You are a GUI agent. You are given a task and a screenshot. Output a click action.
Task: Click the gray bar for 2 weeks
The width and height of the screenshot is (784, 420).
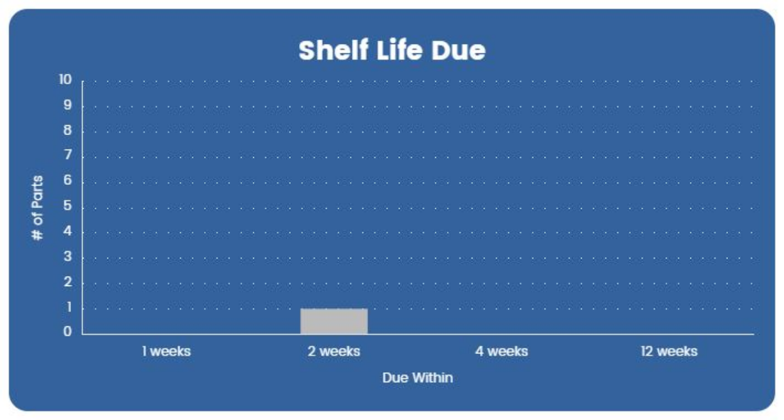coord(334,321)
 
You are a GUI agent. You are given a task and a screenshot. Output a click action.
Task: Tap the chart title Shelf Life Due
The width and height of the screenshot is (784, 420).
coord(391,51)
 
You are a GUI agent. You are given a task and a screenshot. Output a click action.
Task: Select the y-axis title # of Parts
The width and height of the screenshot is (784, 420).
coord(38,207)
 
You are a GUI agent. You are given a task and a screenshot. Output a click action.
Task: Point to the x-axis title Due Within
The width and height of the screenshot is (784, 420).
coord(417,378)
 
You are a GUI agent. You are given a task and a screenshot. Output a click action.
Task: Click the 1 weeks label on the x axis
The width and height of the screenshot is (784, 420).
coord(166,351)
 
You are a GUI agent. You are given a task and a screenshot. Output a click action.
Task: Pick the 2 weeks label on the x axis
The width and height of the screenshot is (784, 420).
coord(334,351)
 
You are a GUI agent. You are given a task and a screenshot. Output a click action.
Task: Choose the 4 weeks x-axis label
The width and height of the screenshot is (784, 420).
coord(501,351)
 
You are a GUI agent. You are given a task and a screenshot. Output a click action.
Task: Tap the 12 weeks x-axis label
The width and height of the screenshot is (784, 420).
coord(669,351)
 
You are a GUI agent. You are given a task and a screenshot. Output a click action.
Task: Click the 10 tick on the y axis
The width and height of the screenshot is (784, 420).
coord(65,80)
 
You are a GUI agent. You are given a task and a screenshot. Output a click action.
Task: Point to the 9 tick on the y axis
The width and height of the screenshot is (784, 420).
coord(68,106)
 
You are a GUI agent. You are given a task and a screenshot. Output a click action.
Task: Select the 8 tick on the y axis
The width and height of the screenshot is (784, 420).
coord(68,131)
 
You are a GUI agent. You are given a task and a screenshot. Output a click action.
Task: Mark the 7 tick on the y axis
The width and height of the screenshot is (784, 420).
coord(68,156)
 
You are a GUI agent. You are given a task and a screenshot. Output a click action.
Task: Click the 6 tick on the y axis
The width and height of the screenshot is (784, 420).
coord(68,181)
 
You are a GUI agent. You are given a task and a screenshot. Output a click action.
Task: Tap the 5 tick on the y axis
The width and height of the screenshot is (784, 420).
coord(68,207)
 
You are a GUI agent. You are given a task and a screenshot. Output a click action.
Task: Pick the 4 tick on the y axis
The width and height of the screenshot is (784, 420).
coord(68,232)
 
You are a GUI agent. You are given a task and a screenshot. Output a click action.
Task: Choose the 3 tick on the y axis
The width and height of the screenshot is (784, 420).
coord(68,257)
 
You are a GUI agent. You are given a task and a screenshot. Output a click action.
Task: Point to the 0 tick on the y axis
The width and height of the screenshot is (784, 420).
coord(68,333)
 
